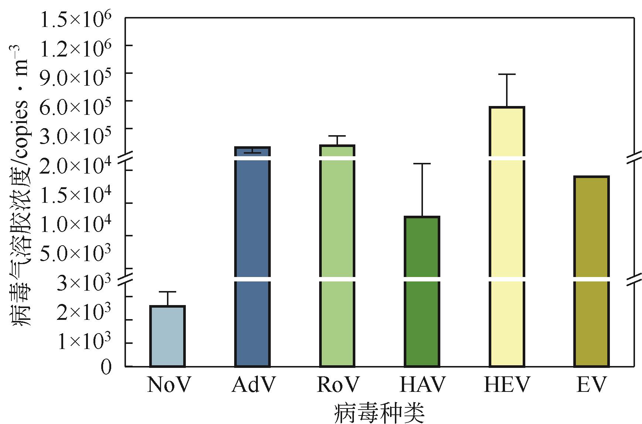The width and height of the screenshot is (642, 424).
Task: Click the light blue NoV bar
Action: pos(167,336)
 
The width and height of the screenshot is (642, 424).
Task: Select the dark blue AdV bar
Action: pos(252,259)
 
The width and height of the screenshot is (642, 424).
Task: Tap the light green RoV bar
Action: pos(337,259)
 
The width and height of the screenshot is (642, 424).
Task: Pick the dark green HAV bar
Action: pos(422,292)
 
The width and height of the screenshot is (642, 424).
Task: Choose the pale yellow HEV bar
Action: pos(507,236)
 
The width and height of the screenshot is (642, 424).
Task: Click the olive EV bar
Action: pos(591,271)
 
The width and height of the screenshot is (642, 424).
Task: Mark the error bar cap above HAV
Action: pos(422,164)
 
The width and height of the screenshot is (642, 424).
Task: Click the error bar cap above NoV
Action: pos(167,292)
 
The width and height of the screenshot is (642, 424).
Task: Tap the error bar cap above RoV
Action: pos(337,136)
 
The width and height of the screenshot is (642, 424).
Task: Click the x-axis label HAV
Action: pos(422,385)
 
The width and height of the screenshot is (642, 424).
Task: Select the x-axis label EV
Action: pos(591,385)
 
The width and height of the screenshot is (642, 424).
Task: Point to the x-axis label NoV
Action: pos(168,385)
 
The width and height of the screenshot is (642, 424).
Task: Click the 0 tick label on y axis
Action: pos(106,367)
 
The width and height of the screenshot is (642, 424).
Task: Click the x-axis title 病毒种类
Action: pos(379,413)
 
